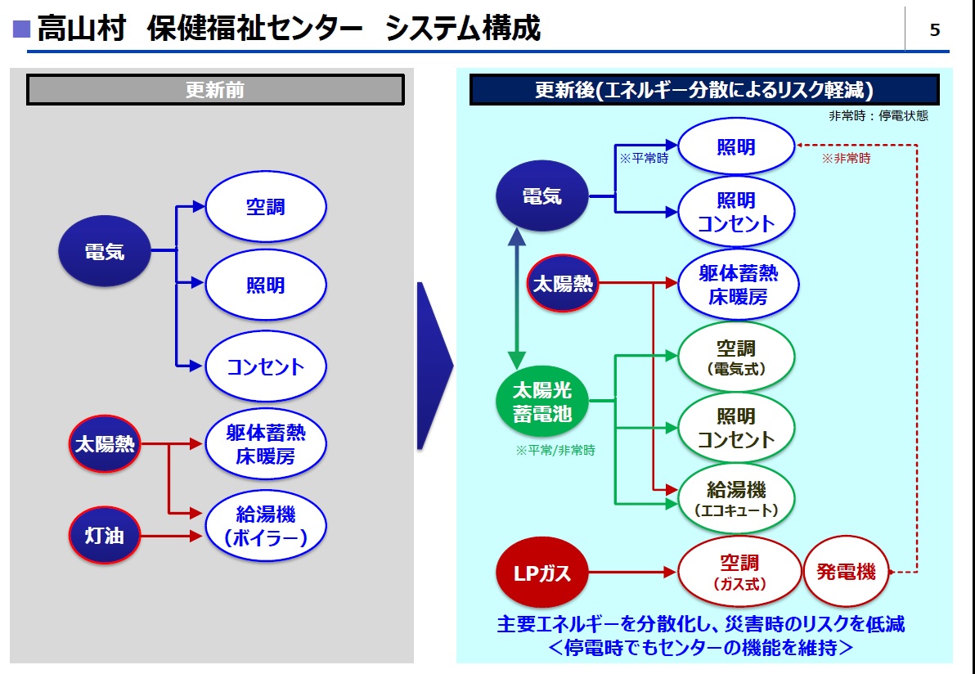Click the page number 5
[935, 31]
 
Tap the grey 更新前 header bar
[215, 90]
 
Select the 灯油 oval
[104, 536]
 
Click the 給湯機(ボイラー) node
[266, 525]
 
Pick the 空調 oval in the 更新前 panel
[266, 207]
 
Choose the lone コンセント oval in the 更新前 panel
[266, 366]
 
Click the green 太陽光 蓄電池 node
[542, 402]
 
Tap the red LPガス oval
[542, 573]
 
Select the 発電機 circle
[846, 571]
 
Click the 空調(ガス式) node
[739, 572]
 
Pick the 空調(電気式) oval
[736, 357]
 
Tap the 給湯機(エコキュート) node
[736, 499]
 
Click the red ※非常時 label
[846, 159]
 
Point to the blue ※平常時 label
[644, 159]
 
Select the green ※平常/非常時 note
[555, 450]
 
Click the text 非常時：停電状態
[878, 116]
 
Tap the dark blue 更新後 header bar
[704, 90]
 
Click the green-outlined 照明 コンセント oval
[736, 428]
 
